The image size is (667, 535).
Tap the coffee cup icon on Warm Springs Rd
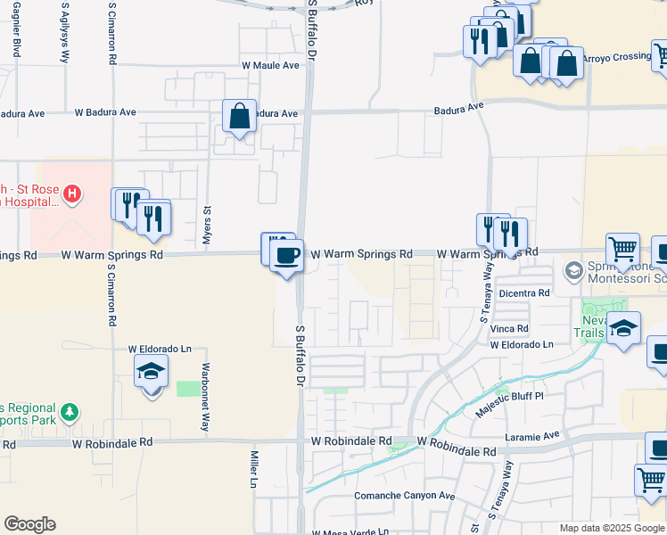[286, 257]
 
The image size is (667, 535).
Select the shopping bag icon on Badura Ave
[240, 117]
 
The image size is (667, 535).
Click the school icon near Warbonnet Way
[152, 371]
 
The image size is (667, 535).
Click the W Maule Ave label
[270, 65]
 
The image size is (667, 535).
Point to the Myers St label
[207, 224]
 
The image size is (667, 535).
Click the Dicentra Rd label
[524, 293]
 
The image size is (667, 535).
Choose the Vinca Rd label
[510, 329]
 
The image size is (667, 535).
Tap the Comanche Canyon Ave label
[405, 496]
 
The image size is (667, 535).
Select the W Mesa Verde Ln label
[350, 533]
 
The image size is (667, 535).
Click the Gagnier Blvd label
[18, 30]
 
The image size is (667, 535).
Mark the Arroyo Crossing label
[617, 57]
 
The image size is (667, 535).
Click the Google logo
[29, 524]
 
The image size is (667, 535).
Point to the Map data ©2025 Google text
[612, 528]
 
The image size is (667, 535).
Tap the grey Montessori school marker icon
[573, 268]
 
